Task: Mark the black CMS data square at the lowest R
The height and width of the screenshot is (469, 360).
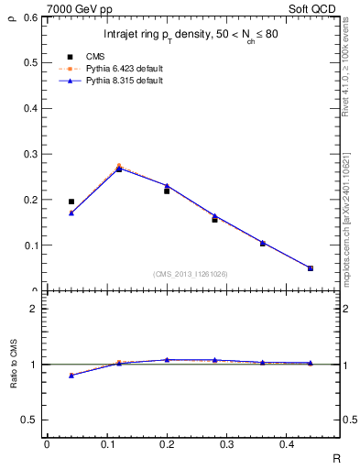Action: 71,202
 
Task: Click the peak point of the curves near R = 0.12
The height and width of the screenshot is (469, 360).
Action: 119,168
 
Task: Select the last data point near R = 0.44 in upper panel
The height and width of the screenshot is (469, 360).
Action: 310,268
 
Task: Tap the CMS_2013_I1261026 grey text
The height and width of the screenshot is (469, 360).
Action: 191,274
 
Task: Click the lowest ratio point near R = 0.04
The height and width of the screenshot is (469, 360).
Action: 71,376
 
